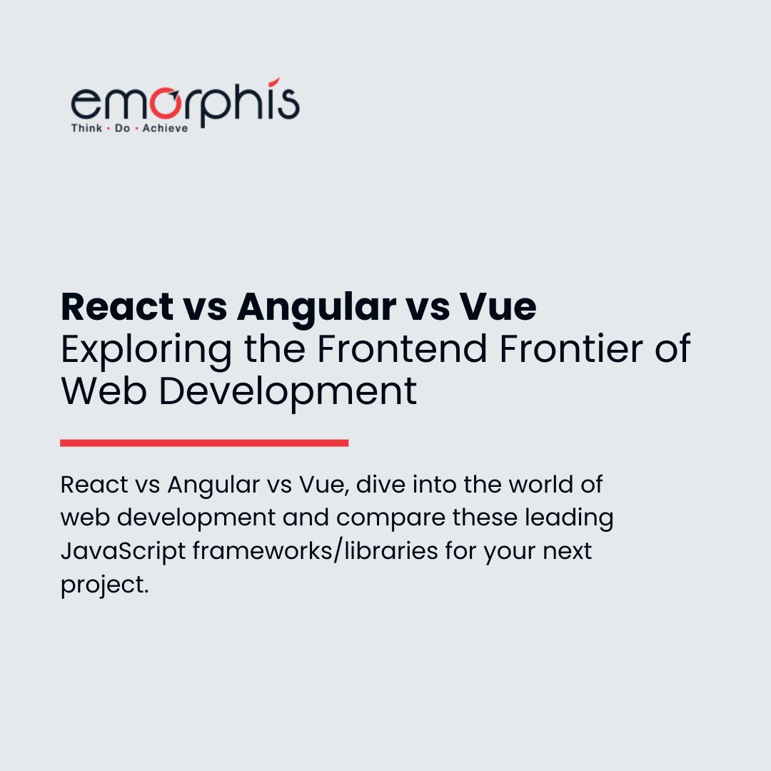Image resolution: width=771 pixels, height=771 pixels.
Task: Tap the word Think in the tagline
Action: click(86, 128)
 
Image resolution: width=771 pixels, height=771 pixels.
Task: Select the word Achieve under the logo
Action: click(165, 128)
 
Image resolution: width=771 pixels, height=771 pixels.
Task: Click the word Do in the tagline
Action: click(122, 128)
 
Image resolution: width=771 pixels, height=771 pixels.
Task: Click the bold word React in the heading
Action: click(117, 307)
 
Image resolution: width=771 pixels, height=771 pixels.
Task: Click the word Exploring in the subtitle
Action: click(146, 350)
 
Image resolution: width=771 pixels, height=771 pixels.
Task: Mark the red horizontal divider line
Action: click(204, 443)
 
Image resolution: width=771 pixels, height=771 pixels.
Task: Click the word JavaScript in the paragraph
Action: click(122, 552)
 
